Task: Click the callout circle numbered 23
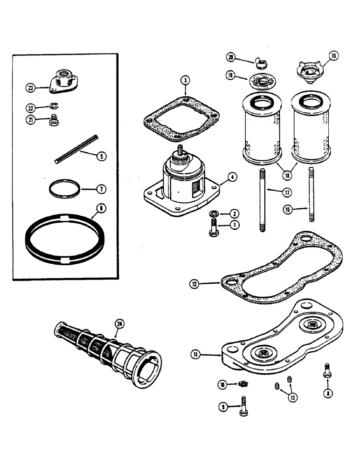(x=31, y=87)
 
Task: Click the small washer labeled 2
(x=213, y=214)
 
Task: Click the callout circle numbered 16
(x=333, y=57)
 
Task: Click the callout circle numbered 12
(x=194, y=283)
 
